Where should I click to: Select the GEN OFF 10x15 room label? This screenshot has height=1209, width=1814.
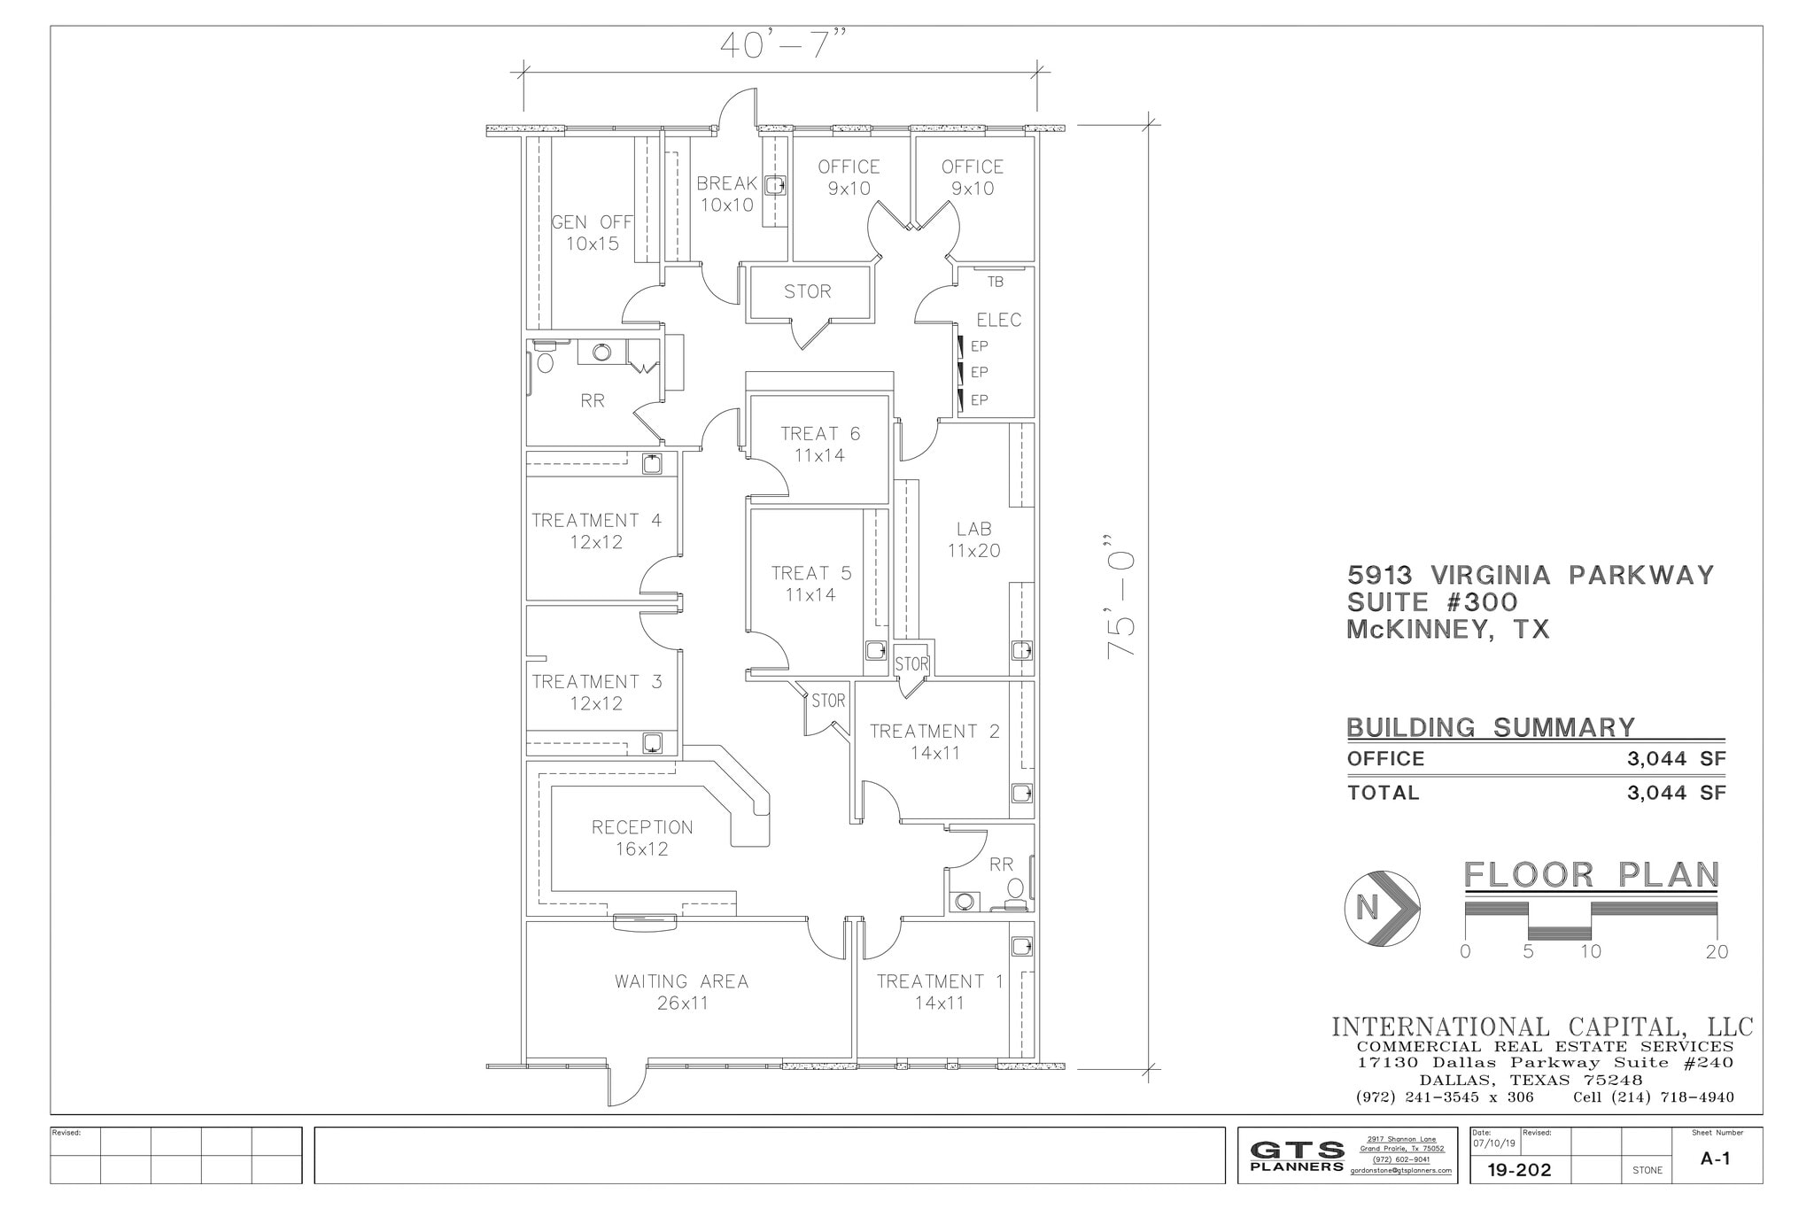(592, 233)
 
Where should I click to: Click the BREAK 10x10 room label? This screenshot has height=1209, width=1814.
(726, 194)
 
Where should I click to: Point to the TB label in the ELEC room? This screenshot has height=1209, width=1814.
(995, 282)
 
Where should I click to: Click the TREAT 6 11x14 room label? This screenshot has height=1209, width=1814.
(819, 445)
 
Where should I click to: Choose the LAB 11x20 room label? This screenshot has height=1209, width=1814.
(973, 539)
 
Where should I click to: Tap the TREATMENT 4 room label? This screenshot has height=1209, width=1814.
(596, 531)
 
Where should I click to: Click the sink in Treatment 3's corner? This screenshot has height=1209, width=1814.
(652, 742)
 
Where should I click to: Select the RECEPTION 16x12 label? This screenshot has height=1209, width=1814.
(642, 838)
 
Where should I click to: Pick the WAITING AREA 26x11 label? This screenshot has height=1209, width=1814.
(682, 992)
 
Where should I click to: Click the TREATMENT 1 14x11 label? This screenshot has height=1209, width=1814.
(940, 992)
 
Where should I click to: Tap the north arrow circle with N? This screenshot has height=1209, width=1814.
(1382, 908)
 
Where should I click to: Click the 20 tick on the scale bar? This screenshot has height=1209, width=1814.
(1717, 952)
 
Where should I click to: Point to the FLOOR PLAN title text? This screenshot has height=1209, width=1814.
(1591, 875)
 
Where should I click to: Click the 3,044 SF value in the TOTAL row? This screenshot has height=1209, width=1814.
(1676, 793)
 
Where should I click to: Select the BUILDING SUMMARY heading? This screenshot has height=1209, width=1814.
(1491, 728)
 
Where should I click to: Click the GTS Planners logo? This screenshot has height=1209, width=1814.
(1297, 1156)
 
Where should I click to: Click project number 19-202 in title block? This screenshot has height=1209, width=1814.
(1519, 1170)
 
